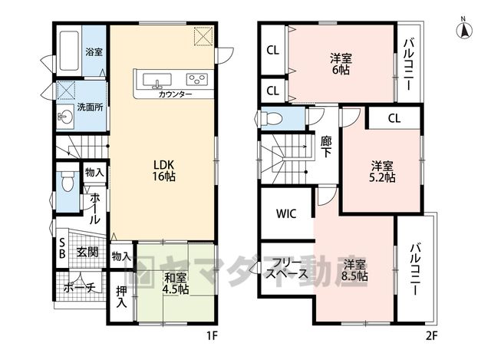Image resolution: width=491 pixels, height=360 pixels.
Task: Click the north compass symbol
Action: tap(464, 29)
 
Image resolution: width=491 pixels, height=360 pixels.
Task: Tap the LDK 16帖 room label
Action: tap(163, 170)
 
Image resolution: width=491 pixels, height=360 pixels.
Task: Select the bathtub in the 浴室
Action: tap(69, 51)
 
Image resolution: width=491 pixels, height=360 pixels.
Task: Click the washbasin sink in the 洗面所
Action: tap(65, 117)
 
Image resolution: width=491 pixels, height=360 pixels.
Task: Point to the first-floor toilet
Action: tap(67, 181)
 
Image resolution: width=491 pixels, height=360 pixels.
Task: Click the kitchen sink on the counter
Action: tap(157, 80)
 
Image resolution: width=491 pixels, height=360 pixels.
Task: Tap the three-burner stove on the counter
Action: tap(197, 79)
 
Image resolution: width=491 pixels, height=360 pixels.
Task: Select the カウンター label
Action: tap(175, 94)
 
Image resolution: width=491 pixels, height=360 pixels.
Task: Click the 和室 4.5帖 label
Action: tap(176, 283)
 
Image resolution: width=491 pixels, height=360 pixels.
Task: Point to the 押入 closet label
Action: tap(121, 297)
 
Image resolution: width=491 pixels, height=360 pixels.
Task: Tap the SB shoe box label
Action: tap(62, 248)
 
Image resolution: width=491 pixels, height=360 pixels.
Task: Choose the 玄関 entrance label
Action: tap(87, 252)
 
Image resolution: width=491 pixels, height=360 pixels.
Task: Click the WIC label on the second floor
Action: tap(286, 213)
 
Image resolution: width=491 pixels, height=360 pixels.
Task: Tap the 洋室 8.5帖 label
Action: tap(354, 270)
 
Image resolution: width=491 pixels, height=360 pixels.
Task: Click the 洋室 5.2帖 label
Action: tap(382, 171)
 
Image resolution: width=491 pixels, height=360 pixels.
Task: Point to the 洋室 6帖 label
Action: tap(341, 64)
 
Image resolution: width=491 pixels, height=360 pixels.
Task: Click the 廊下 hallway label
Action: tap(326, 147)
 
